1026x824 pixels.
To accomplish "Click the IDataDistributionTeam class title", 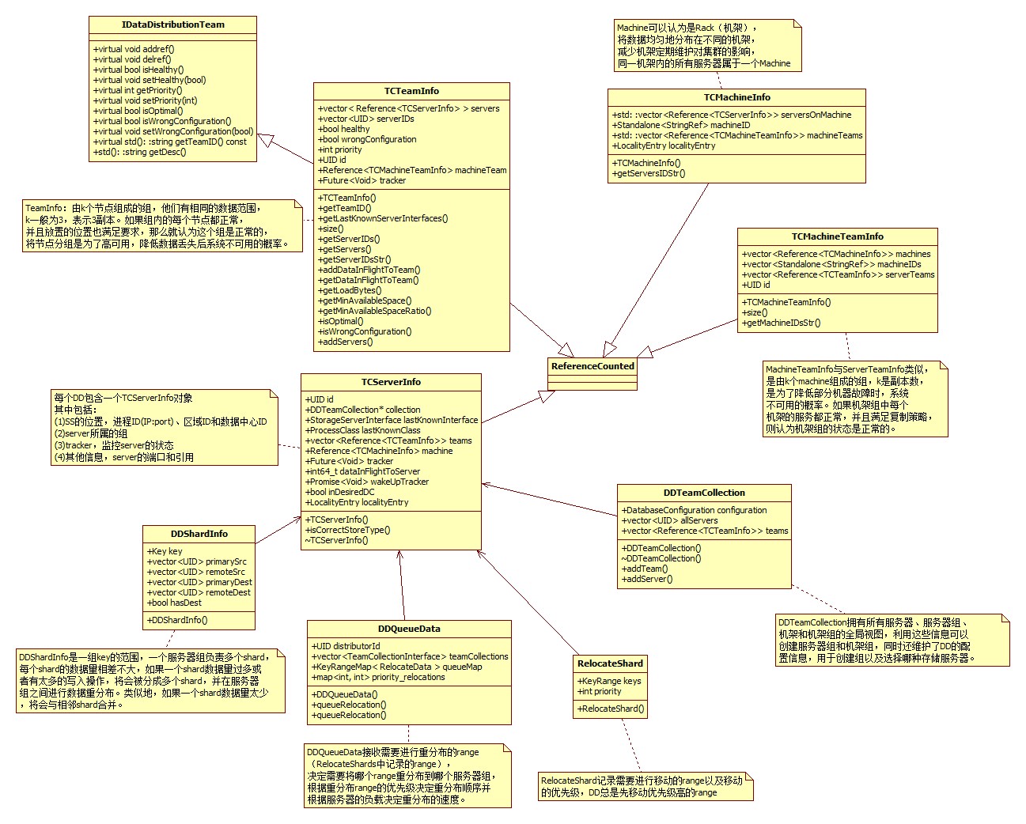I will pos(172,25).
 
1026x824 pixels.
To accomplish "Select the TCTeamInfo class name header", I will pos(411,91).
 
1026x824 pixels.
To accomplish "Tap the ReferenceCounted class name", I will pos(593,366).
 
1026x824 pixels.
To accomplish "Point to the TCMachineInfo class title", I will pos(736,97).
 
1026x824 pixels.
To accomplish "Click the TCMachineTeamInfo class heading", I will pos(837,236).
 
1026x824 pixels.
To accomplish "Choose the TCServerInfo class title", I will pos(391,382).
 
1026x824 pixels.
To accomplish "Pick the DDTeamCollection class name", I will pos(704,493).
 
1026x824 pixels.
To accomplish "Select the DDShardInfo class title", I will pos(199,534).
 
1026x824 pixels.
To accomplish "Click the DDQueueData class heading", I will pos(409,629).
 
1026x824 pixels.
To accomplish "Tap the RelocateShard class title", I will pos(610,663).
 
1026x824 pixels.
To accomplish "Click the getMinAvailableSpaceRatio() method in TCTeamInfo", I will pos(370,311).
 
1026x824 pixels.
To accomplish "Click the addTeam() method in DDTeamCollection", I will pos(645,569).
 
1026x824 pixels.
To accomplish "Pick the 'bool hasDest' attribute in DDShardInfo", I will pos(175,603).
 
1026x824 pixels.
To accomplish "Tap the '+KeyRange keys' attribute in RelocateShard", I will pos(608,681).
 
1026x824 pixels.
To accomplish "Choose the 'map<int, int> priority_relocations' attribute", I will pos(378,677).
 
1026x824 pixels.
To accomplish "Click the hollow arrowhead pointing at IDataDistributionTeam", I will pos(266,140).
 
